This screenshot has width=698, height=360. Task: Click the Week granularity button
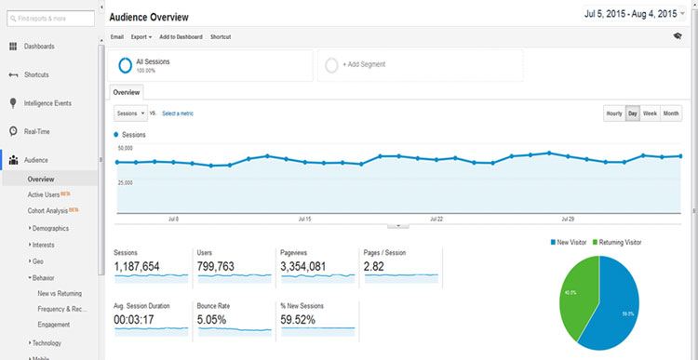coord(650,113)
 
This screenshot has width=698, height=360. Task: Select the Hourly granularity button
coord(614,113)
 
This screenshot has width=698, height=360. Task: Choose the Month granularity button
coord(671,113)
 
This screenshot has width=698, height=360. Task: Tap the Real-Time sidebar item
coord(36,131)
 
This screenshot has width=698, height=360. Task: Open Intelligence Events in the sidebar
coord(47,103)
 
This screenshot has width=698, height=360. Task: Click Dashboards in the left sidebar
coord(38,47)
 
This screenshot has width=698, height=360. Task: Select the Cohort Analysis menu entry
coord(47,211)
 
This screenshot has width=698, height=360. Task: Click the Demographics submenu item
coord(52,228)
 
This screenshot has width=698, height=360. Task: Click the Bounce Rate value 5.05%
coord(220,318)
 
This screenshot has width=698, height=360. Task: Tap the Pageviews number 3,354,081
coord(315,267)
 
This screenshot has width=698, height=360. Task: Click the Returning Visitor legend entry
coord(619,242)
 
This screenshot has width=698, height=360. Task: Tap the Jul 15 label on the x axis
coord(304,220)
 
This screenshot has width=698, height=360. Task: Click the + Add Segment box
coord(420,64)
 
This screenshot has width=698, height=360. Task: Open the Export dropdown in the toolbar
coord(141,36)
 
